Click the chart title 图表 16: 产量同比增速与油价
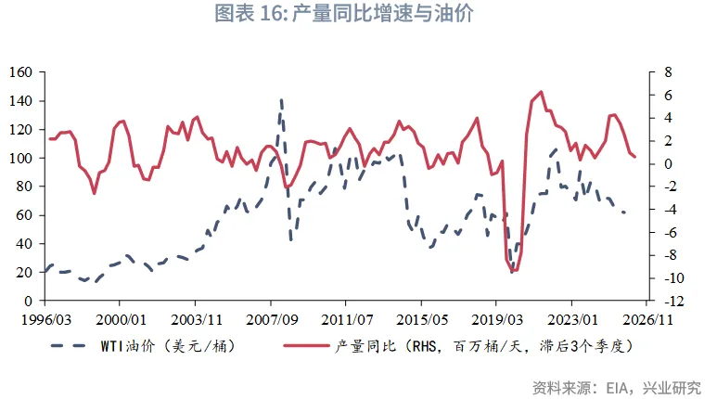point(358,16)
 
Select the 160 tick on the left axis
point(22,72)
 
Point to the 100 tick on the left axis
point(22,158)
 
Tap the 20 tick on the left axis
point(26,273)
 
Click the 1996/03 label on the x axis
point(45,318)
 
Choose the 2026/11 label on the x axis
point(647,318)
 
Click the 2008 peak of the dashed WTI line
point(281,100)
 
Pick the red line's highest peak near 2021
point(541,92)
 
